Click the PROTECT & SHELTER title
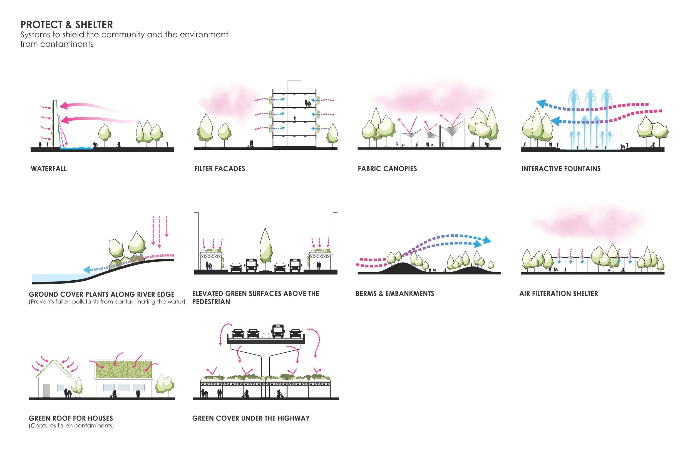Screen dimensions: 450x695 tap(66, 24)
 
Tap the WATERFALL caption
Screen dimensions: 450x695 tap(49, 169)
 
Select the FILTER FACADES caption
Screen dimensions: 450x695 tap(220, 169)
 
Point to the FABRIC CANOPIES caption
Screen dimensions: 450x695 tap(387, 169)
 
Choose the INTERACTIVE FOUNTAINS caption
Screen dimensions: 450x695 tap(561, 169)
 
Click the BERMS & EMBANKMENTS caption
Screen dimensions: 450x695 tap(395, 293)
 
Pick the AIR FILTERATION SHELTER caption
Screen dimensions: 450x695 tap(558, 293)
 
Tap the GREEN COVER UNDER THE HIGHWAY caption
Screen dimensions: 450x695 tap(251, 418)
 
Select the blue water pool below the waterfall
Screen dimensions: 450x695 tap(76, 148)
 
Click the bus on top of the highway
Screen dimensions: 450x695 tap(278, 331)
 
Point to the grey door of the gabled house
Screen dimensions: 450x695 tap(46, 391)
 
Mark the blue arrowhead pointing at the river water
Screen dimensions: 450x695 tap(86, 270)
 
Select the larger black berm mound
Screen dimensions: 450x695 tap(402, 268)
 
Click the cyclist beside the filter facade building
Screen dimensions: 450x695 tap(250, 144)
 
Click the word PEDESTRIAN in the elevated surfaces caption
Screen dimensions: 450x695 tap(211, 301)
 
